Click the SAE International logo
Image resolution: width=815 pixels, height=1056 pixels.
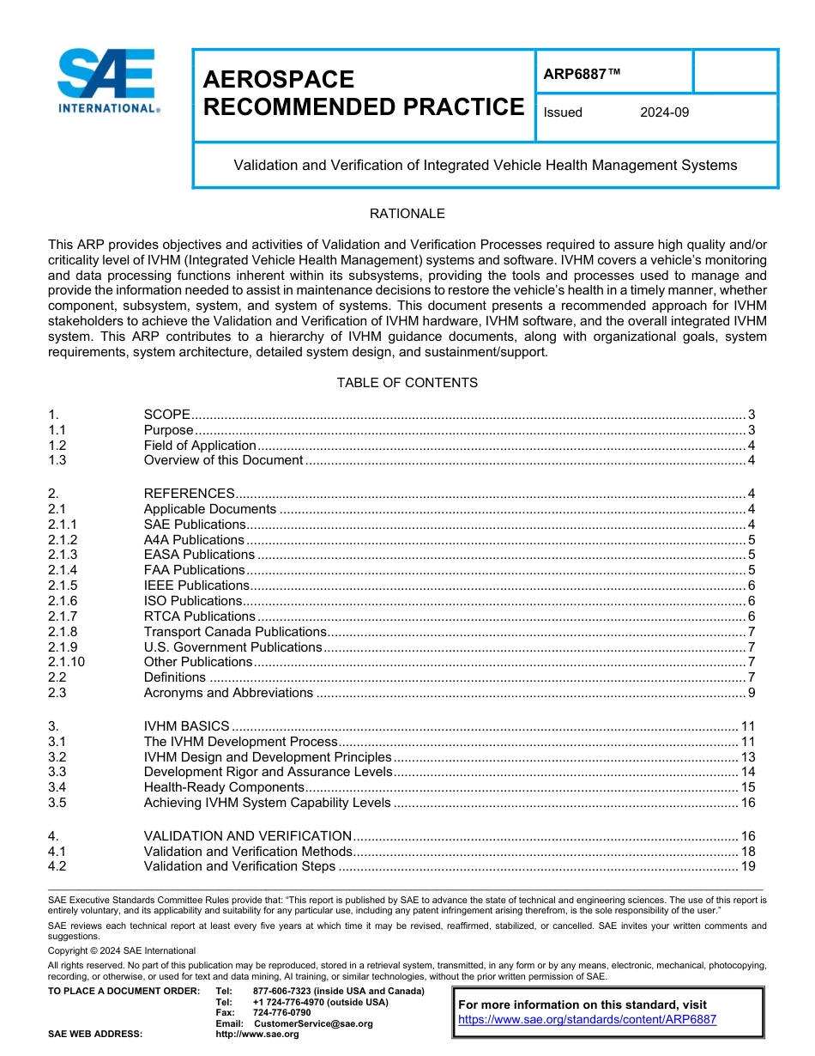coord(106,82)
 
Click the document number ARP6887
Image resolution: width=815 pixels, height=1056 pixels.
coord(581,74)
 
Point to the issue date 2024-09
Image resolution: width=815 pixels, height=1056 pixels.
coord(664,112)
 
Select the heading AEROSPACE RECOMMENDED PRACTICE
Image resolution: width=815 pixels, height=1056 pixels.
coord(363,93)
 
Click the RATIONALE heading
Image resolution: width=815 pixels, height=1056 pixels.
coord(407,214)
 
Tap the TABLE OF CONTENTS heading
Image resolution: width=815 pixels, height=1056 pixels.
coord(407,382)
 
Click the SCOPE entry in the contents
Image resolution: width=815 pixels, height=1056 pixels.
coord(166,415)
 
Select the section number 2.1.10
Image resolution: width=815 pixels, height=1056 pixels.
coord(67,662)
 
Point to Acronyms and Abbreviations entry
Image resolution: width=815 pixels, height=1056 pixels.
coord(228,693)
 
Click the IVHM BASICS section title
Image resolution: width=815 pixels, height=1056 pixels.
coord(186,726)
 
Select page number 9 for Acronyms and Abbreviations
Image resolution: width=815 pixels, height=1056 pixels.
coord(751,693)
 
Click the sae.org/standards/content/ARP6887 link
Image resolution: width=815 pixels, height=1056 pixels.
coord(587,1020)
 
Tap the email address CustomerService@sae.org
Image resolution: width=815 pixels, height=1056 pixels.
coord(313,1023)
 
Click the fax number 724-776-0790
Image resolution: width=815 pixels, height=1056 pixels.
coord(281,1012)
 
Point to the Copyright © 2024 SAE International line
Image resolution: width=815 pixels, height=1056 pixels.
coord(122,950)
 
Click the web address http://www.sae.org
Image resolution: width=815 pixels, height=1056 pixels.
coord(257,1035)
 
